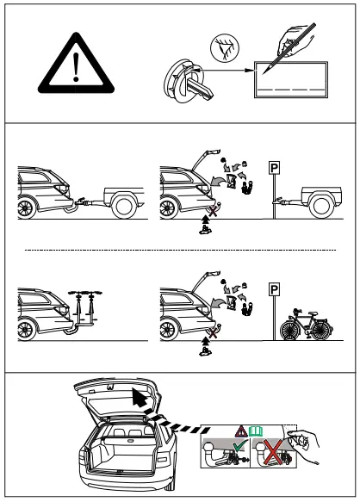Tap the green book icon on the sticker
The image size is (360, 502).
(256, 428)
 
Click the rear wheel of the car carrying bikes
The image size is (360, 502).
(28, 331)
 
